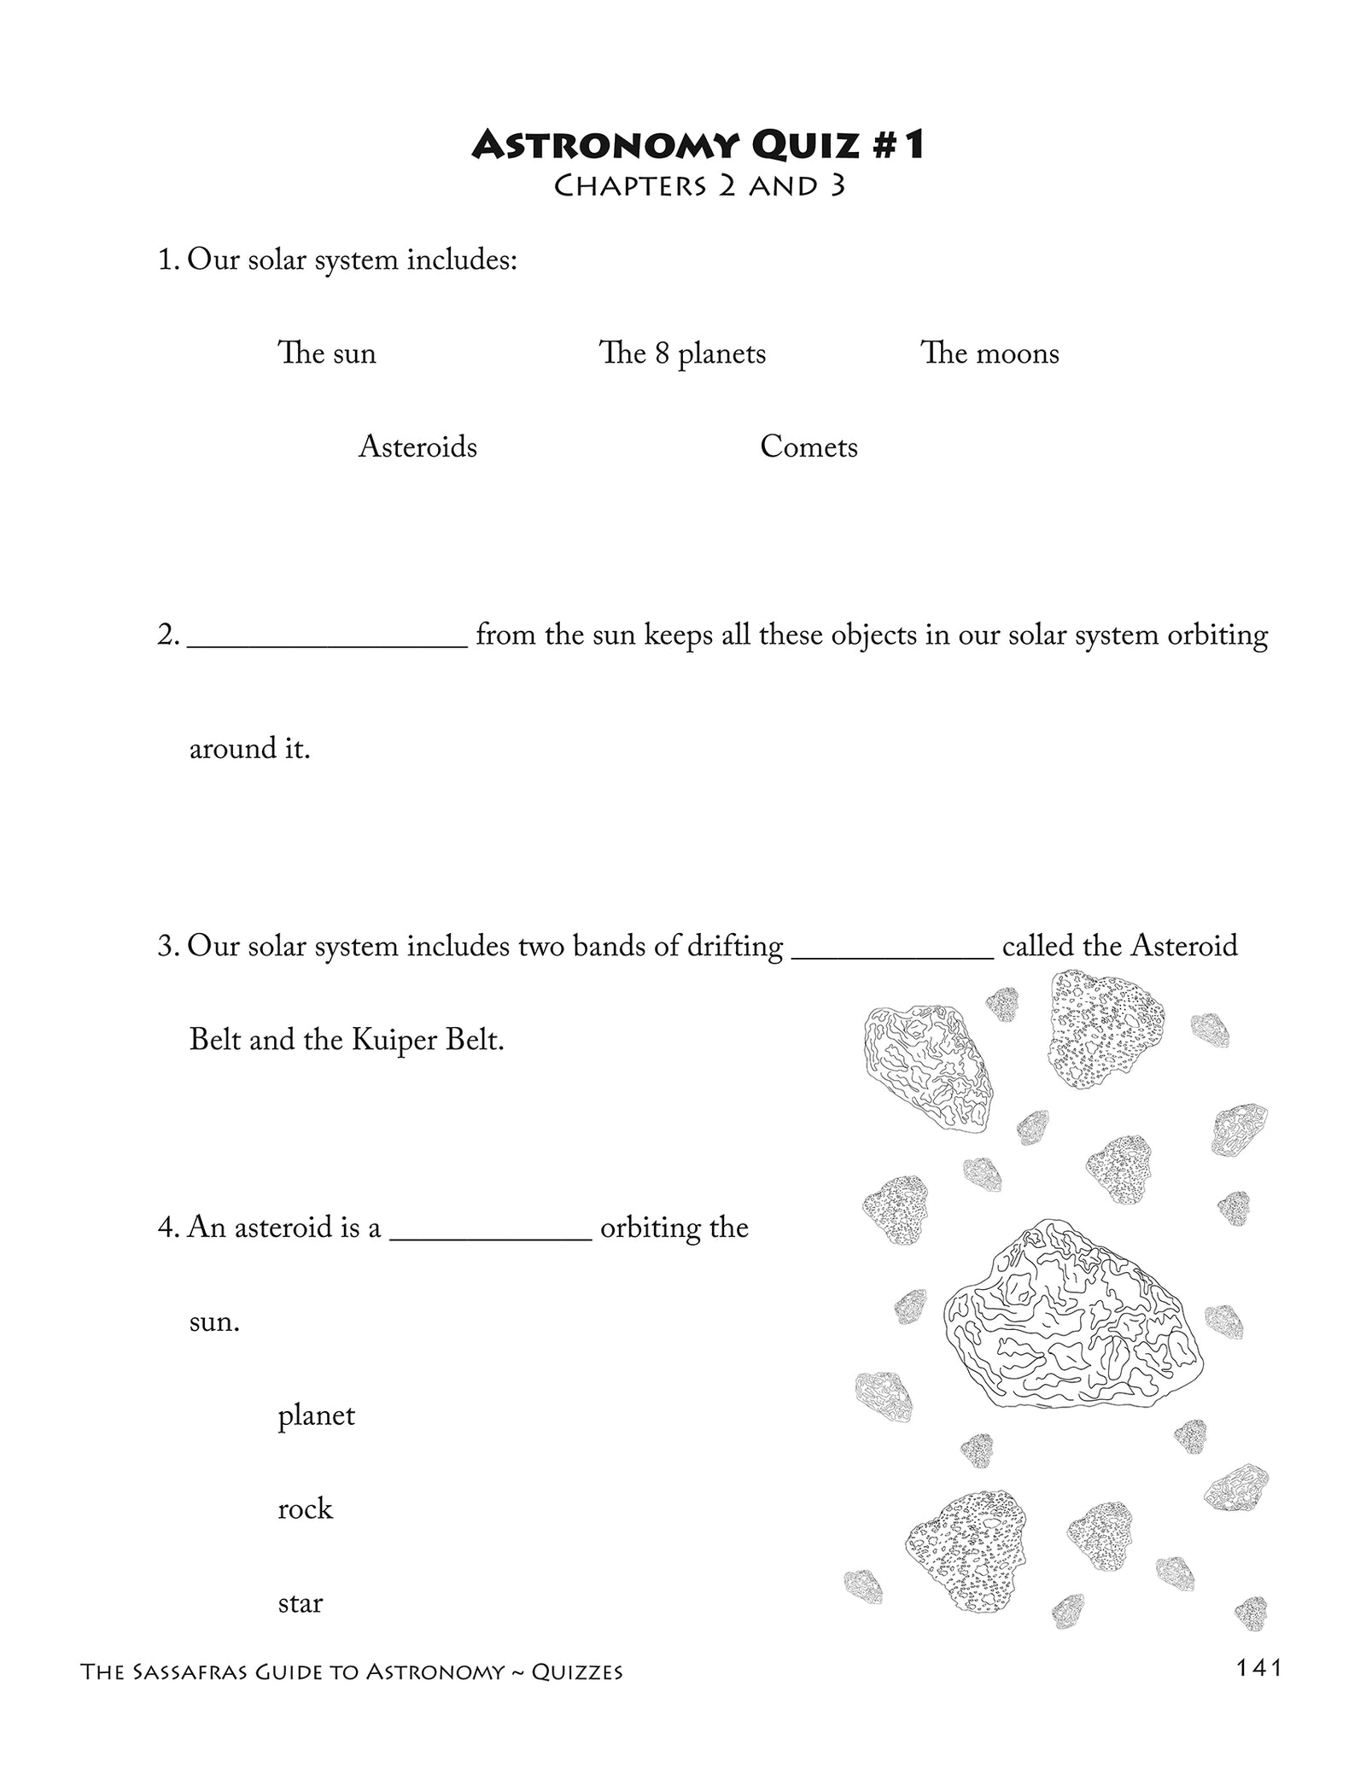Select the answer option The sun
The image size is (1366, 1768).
click(326, 353)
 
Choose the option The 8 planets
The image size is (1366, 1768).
click(682, 353)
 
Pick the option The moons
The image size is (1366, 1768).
click(989, 353)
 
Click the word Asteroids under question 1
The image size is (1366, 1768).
click(417, 446)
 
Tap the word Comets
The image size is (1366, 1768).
click(809, 446)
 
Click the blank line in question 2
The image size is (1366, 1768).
click(326, 642)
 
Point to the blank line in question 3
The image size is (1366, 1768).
click(892, 954)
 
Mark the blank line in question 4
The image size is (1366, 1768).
click(490, 1234)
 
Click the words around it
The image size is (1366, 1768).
click(249, 749)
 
